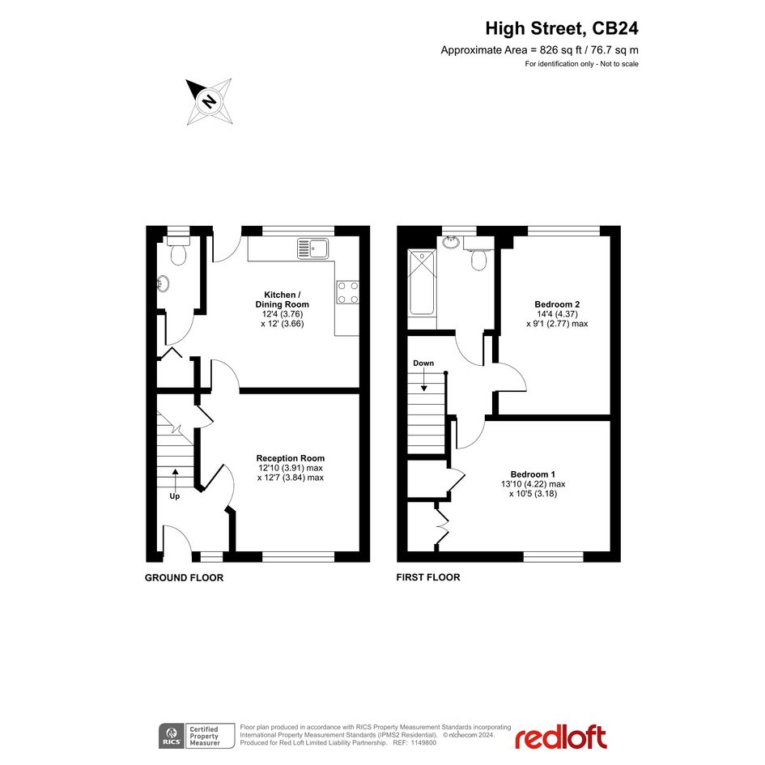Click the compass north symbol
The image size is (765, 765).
(210, 101)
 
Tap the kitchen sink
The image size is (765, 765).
(313, 249)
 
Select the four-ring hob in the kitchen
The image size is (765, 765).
(347, 292)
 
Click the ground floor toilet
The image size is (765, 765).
(178, 250)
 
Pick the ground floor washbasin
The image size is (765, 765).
(163, 283)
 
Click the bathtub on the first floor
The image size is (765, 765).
(422, 283)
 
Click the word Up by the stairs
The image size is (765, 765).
(175, 496)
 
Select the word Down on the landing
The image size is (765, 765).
(423, 363)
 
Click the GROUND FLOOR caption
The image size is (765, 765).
(184, 578)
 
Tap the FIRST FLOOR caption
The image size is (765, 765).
(428, 577)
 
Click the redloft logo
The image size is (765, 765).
(561, 737)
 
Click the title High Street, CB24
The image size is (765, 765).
(562, 29)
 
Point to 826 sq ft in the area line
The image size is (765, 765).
(560, 49)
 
